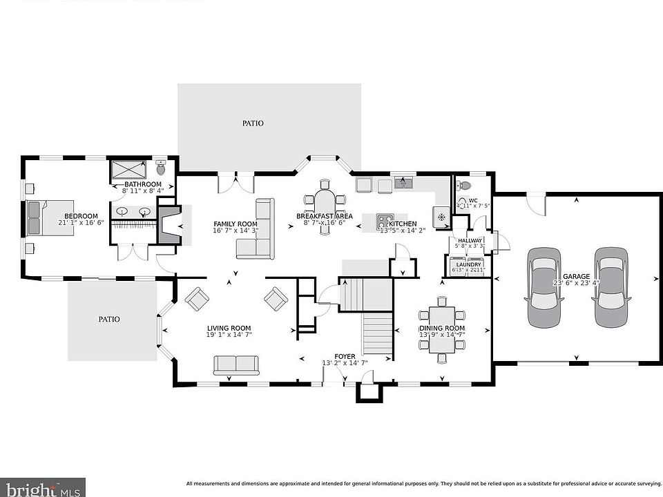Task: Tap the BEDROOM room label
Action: pyautogui.click(x=81, y=216)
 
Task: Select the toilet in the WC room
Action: pyautogui.click(x=464, y=185)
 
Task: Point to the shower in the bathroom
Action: pyautogui.click(x=128, y=170)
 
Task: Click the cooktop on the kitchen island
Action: pyautogui.click(x=385, y=222)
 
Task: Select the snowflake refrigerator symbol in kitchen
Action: pyautogui.click(x=440, y=216)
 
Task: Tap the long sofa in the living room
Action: pyautogui.click(x=236, y=364)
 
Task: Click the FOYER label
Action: pyautogui.click(x=345, y=357)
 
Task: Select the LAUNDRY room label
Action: pyautogui.click(x=468, y=264)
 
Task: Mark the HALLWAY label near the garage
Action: pyautogui.click(x=469, y=240)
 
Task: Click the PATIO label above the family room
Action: pyautogui.click(x=253, y=123)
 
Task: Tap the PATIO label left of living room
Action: pyautogui.click(x=108, y=319)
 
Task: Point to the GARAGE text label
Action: pyautogui.click(x=576, y=277)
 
